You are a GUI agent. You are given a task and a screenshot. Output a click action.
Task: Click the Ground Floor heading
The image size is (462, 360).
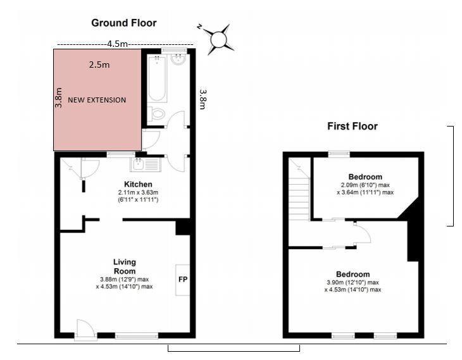point(124,23)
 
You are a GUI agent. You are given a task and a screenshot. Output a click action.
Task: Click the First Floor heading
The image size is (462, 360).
point(353,127)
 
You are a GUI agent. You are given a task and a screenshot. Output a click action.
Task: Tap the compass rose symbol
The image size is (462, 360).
point(218,39)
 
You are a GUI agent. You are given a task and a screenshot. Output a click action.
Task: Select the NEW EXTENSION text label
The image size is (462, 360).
point(97,100)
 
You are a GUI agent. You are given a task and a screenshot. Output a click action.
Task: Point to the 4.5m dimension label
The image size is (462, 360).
point(117,44)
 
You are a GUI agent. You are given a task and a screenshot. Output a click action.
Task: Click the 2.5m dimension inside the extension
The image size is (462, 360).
point(99,65)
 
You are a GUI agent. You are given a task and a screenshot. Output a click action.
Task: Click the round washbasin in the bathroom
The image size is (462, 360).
point(178,60)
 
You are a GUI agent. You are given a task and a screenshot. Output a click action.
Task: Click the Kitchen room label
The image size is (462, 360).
point(138,184)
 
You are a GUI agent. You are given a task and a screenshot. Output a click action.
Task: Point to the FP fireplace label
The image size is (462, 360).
point(183,279)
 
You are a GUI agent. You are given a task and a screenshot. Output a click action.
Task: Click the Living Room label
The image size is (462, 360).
point(125,266)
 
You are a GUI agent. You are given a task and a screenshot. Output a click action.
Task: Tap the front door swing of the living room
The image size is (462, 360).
point(85,329)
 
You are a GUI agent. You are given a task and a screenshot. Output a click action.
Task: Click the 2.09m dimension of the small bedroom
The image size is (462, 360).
point(349,185)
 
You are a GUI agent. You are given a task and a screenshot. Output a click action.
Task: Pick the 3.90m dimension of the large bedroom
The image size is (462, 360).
point(334,283)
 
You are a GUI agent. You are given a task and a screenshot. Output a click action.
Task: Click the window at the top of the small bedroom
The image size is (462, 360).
point(339,154)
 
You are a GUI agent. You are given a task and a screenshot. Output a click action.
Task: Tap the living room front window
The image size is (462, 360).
point(137,335)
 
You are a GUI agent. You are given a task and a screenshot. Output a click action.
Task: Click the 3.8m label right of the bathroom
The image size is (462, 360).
point(203,99)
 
